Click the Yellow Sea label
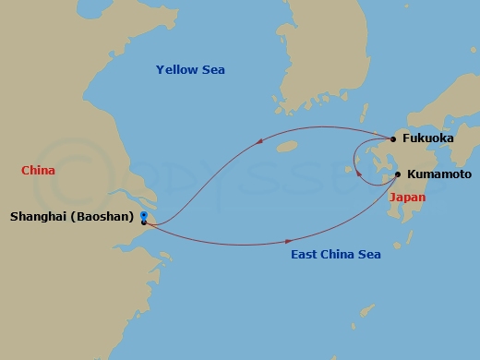click(x=190, y=70)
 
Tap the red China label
click(x=38, y=171)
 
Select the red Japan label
click(x=407, y=198)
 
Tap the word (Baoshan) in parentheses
click(x=106, y=218)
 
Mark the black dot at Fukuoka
click(x=393, y=139)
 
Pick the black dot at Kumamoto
click(x=398, y=174)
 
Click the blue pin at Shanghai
click(x=144, y=217)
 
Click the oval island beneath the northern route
click(x=288, y=146)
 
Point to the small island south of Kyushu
click(x=399, y=247)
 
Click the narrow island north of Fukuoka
click(x=376, y=117)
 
